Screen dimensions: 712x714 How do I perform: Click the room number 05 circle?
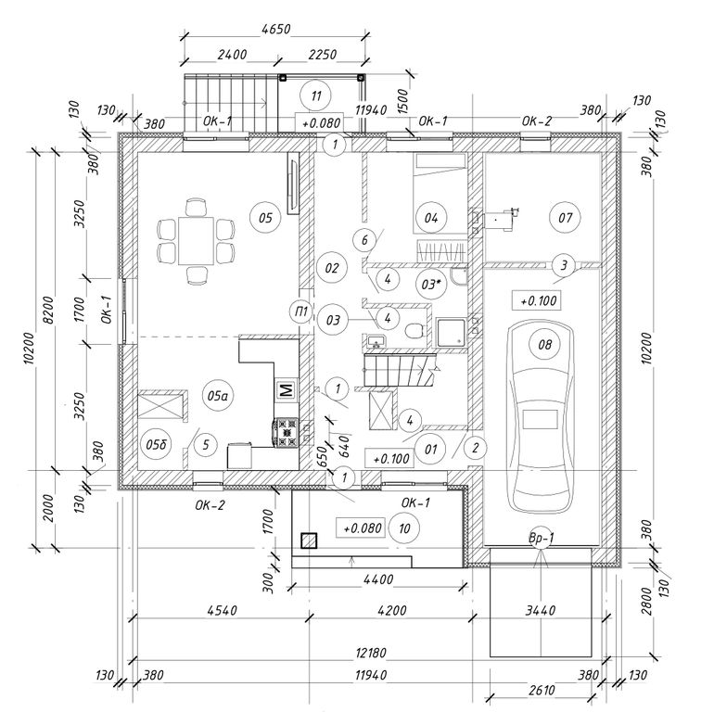pyautogui.click(x=264, y=219)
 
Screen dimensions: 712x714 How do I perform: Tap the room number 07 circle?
pyautogui.click(x=564, y=219)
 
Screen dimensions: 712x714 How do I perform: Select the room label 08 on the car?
pyautogui.click(x=544, y=345)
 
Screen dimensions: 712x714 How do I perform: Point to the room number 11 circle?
pyautogui.click(x=317, y=95)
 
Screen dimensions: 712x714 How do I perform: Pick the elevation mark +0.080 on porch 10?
pyautogui.click(x=363, y=528)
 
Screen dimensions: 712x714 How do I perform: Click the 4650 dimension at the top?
pyautogui.click(x=275, y=29)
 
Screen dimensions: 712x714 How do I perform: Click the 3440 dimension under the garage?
pyautogui.click(x=541, y=611)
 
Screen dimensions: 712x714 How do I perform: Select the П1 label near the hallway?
pyautogui.click(x=300, y=310)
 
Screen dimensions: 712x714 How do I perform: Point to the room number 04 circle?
pyautogui.click(x=430, y=219)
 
